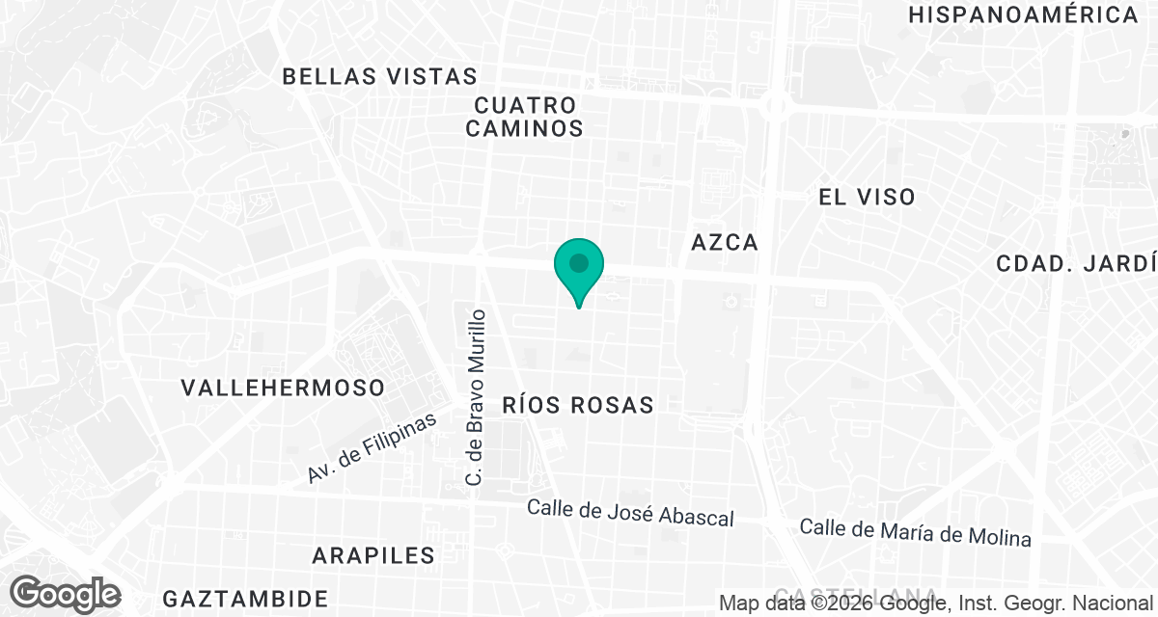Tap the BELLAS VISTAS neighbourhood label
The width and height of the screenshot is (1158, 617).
(379, 77)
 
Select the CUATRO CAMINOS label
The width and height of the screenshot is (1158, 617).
(525, 117)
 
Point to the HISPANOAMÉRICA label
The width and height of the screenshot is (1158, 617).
(1023, 15)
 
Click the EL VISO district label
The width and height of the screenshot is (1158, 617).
(866, 198)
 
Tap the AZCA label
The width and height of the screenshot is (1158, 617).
(725, 243)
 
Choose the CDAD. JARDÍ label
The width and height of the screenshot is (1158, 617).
(1075, 263)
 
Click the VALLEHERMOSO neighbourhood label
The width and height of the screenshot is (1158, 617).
(283, 389)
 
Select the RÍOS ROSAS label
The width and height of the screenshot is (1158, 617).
(577, 406)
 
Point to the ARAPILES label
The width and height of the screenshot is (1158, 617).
(372, 556)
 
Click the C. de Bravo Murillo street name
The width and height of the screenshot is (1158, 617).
(475, 396)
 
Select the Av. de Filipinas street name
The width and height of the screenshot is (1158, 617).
(372, 447)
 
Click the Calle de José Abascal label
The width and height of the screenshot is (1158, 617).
(630, 513)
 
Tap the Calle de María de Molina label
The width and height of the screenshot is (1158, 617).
(915, 532)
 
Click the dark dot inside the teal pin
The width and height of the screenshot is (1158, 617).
(578, 262)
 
